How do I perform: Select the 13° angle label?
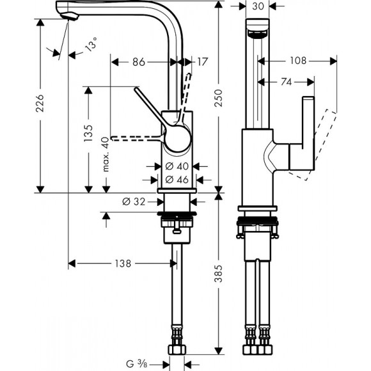coord(92,45)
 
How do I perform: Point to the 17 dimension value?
coord(201,62)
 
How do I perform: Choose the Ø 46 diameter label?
coord(174,180)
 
